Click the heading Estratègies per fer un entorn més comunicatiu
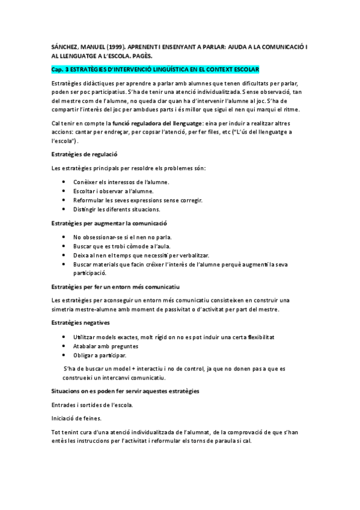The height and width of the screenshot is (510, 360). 116,287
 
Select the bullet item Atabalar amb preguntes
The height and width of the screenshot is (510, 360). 105,346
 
